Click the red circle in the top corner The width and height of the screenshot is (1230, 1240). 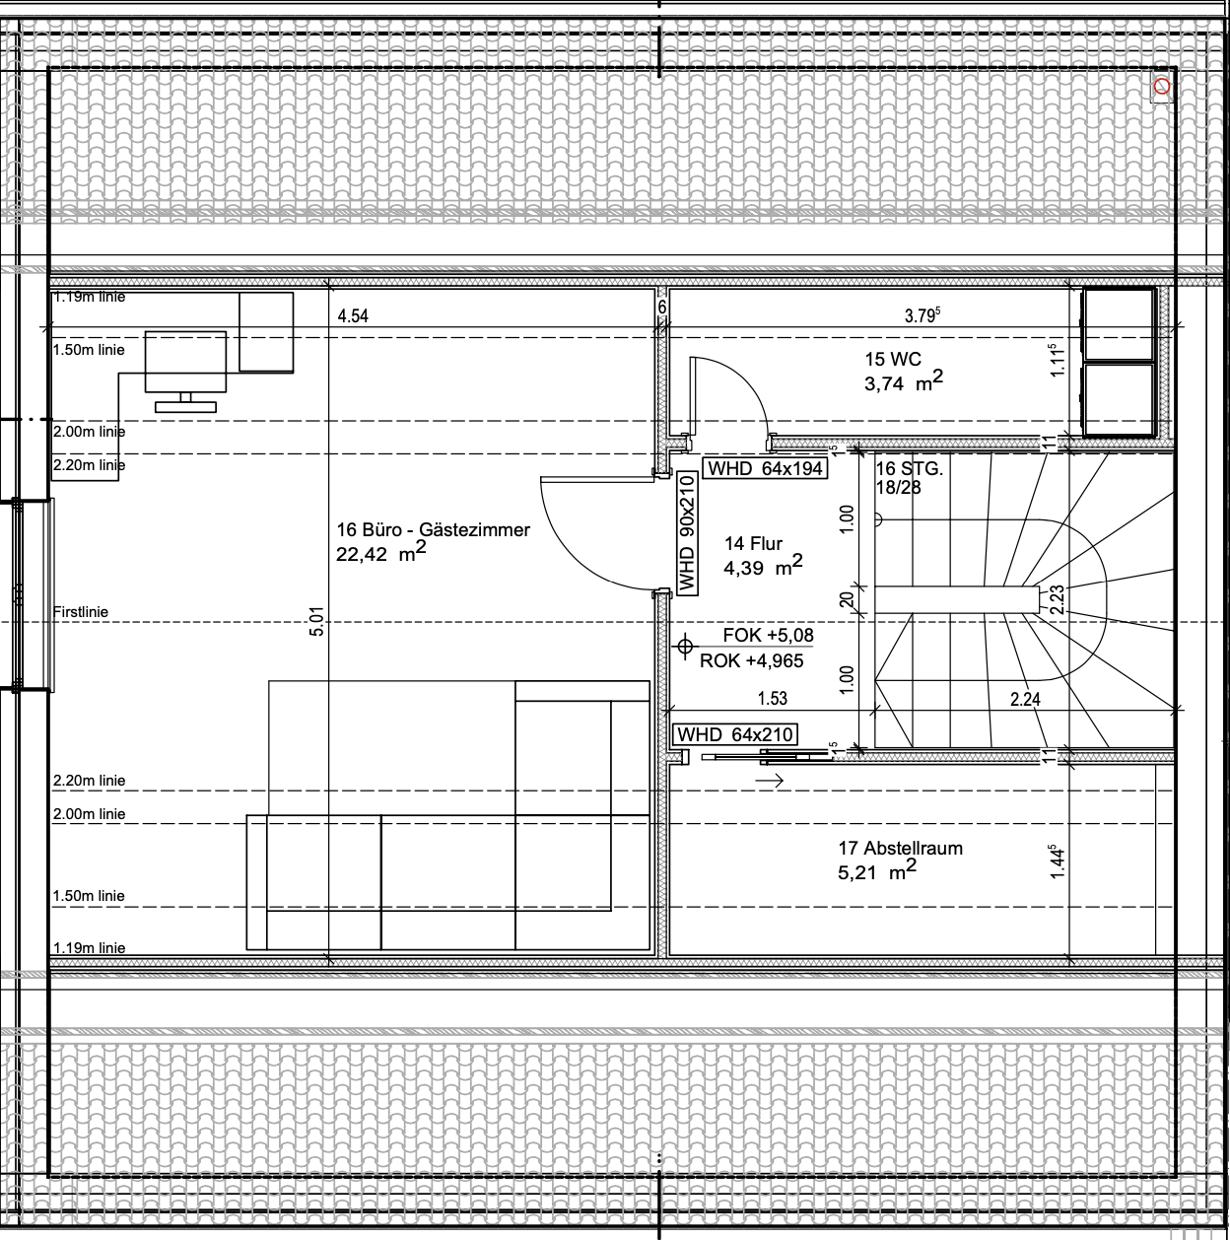click(1162, 86)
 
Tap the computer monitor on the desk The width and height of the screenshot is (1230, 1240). click(185, 371)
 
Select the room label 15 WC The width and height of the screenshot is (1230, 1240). click(893, 359)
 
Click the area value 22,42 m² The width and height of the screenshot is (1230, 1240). click(380, 551)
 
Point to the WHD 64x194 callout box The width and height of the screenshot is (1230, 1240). click(765, 468)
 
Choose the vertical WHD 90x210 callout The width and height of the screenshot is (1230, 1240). click(687, 533)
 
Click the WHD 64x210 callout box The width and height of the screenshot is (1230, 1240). click(735, 734)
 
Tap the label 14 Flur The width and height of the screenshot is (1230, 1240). click(753, 544)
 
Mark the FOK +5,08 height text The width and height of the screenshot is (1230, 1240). click(768, 635)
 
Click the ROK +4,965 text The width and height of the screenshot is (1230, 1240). click(751, 660)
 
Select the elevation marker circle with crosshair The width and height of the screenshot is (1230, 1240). click(684, 645)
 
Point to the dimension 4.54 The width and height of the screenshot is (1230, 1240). click(353, 316)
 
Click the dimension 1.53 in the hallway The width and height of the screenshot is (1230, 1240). click(772, 698)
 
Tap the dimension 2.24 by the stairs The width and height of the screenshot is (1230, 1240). click(1025, 699)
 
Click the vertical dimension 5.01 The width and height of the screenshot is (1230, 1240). click(316, 621)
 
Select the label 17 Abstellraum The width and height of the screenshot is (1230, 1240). click(900, 848)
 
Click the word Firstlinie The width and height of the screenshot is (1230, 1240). click(81, 612)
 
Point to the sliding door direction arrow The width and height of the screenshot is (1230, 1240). click(769, 781)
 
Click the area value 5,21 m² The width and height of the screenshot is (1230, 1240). click(876, 870)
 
